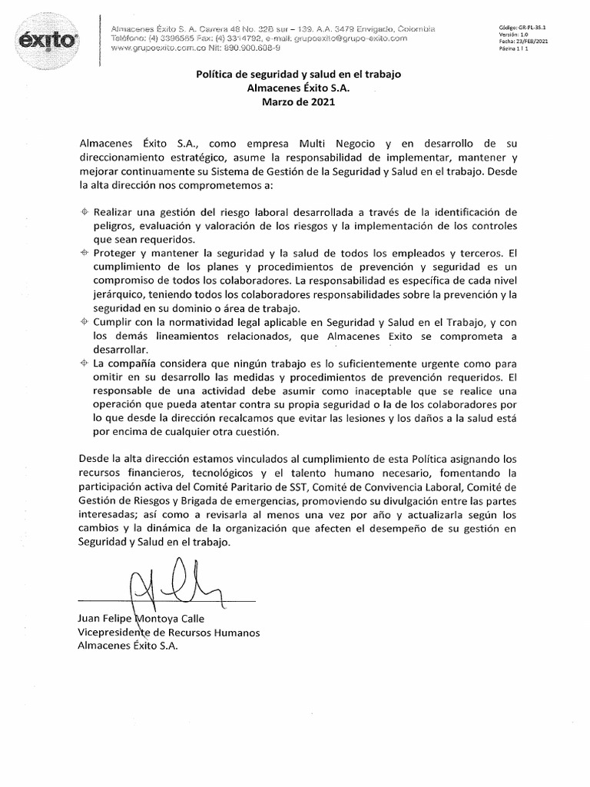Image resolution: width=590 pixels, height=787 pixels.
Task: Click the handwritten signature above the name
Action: click(166, 583)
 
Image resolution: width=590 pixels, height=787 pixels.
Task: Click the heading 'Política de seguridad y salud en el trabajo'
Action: click(294, 75)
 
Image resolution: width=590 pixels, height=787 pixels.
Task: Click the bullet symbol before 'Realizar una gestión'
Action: click(84, 211)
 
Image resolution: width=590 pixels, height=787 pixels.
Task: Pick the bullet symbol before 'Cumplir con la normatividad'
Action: click(84, 321)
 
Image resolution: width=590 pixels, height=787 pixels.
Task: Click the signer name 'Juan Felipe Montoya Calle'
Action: click(139, 618)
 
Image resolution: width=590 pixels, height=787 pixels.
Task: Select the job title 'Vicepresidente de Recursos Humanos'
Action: click(169, 633)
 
